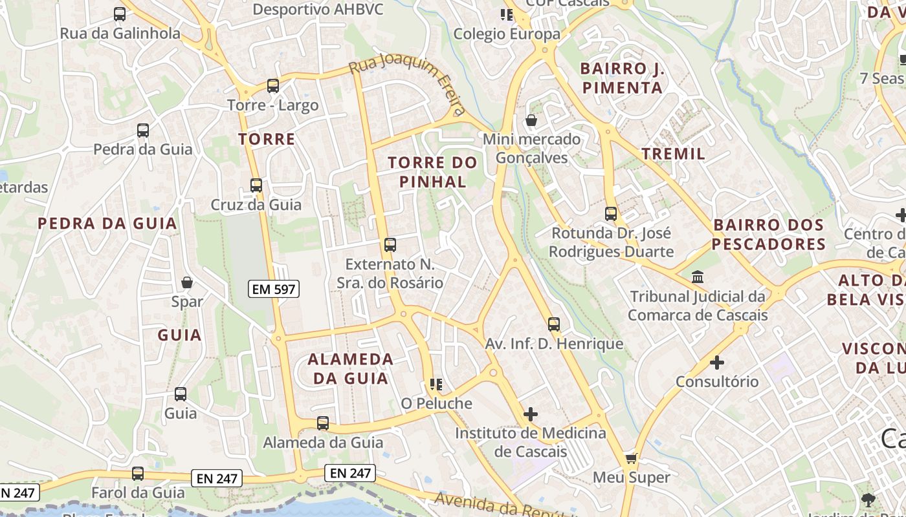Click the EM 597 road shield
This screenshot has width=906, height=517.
[x=274, y=290]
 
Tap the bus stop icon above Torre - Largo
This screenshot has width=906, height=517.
[x=273, y=85]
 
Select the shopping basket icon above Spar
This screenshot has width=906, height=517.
[x=187, y=282]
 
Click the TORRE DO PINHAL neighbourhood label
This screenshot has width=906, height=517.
[x=432, y=172]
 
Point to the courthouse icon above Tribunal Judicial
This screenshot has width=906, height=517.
[x=698, y=277]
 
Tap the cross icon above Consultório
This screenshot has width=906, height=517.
[x=717, y=363]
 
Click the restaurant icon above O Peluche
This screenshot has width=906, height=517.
[x=436, y=385]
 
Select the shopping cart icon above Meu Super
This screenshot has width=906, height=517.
[x=631, y=459]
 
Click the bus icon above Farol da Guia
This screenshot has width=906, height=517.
[x=138, y=474]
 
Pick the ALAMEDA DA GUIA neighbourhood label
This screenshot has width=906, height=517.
[x=350, y=368]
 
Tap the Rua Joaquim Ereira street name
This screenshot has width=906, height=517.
[x=408, y=85]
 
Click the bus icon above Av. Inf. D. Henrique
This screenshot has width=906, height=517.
[x=554, y=324]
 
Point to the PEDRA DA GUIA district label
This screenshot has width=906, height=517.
[x=107, y=224]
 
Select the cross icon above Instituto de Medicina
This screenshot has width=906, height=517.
[x=531, y=414]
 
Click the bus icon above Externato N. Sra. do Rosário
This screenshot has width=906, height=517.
[x=390, y=245]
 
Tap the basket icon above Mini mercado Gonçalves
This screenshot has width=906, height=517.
[x=531, y=120]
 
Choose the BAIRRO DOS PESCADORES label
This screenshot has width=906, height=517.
[x=769, y=235]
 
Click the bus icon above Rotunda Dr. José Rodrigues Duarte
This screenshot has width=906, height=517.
[x=611, y=213]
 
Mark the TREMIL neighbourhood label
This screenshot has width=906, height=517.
[x=673, y=154]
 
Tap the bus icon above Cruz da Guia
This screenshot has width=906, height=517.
[x=256, y=185]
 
